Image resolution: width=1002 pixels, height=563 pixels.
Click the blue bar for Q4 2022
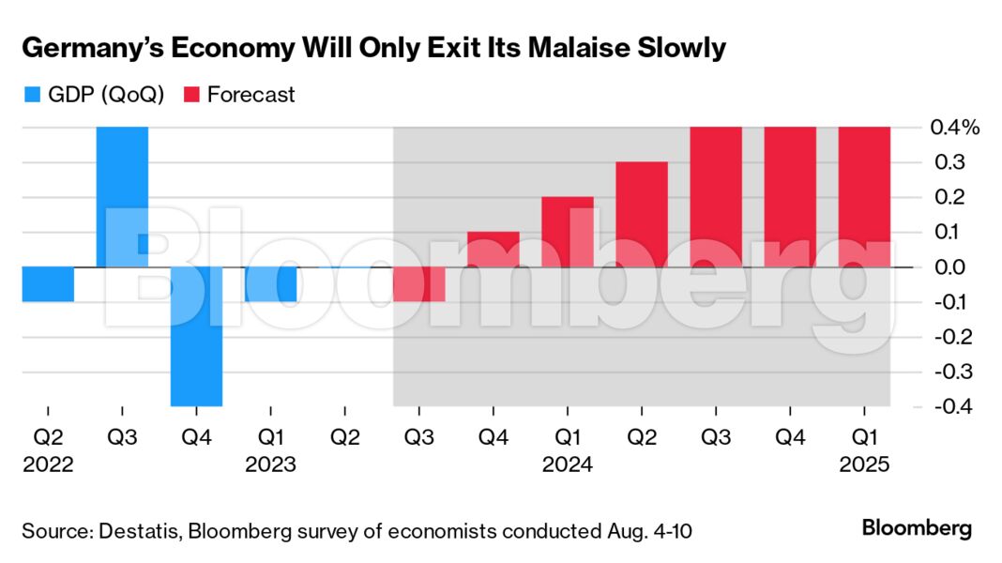196,336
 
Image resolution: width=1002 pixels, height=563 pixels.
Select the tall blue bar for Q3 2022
122,197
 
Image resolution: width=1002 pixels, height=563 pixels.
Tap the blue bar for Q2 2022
48,284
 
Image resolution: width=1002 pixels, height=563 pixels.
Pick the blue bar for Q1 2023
270,284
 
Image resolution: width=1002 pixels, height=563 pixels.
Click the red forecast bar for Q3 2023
418,284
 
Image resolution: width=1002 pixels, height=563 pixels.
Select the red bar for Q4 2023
493,250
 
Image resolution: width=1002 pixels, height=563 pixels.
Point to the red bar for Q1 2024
567,232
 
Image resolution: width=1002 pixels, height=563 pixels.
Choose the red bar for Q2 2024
642,215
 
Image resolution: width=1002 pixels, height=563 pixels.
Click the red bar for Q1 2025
864,197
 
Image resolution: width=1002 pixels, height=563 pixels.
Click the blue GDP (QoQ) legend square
30,95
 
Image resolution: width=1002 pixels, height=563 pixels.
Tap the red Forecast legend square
191,95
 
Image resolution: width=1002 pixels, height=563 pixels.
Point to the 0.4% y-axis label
952,128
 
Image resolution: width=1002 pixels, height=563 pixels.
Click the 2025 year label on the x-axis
864,464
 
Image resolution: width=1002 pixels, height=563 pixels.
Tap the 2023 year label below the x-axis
270,464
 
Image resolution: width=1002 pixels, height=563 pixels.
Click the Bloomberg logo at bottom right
917,528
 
